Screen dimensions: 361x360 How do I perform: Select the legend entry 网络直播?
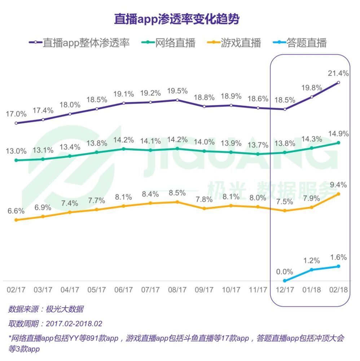(x=175, y=43)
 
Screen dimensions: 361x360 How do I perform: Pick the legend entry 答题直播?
(x=307, y=43)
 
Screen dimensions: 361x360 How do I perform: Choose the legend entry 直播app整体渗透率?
(x=86, y=43)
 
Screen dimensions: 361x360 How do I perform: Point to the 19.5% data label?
(x=177, y=90)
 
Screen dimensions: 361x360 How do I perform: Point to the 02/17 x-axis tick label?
(x=16, y=290)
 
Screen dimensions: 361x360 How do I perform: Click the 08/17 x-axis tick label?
(x=177, y=290)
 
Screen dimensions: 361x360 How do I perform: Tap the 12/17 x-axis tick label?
(x=285, y=290)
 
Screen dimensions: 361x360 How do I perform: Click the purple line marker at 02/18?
(x=338, y=83)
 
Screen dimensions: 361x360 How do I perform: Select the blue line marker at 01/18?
(x=312, y=270)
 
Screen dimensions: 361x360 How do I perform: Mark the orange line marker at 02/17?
(x=16, y=220)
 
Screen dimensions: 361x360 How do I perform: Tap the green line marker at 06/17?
(x=123, y=149)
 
